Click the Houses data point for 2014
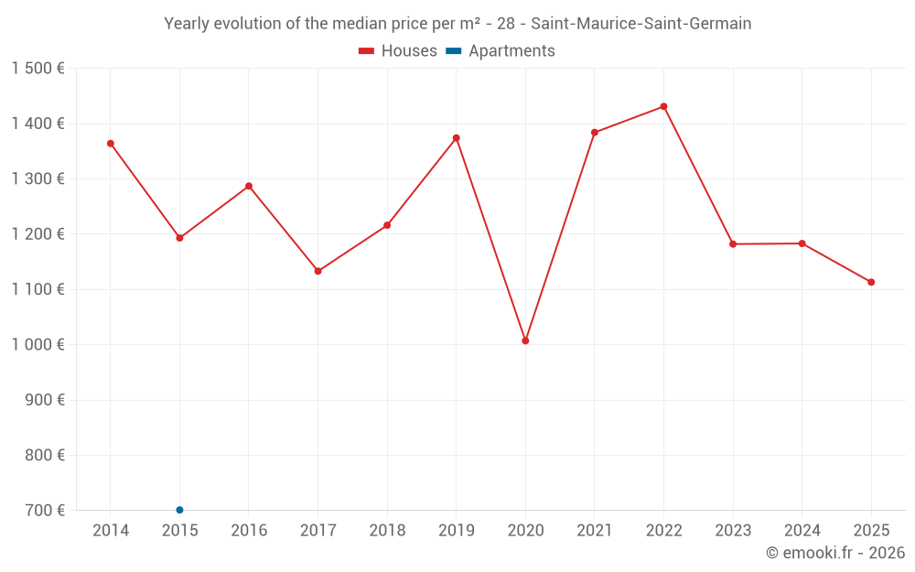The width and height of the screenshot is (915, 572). [x=111, y=144]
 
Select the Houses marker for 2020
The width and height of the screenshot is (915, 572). [x=525, y=340]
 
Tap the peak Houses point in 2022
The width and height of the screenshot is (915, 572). [x=663, y=106]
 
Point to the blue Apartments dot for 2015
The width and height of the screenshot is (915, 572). [x=179, y=510]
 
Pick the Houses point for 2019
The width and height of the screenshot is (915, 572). [x=457, y=138]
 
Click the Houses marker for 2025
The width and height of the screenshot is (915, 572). [x=871, y=282]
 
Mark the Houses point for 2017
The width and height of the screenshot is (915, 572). [x=318, y=271]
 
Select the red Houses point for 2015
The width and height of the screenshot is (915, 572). [x=179, y=238]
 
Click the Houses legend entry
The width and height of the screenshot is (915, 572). [x=398, y=51]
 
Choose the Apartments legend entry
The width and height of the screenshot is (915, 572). [x=501, y=51]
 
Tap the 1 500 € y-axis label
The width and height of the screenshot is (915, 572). [x=38, y=69]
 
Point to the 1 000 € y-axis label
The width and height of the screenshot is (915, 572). [x=38, y=345]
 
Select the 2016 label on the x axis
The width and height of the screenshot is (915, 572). [x=249, y=531]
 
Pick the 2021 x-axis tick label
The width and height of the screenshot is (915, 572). [x=595, y=531]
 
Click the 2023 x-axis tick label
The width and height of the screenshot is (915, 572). [x=733, y=531]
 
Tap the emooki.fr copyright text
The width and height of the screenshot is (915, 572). [x=835, y=553]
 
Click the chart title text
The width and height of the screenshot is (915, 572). [x=457, y=24]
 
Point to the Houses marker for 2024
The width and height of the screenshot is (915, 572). [x=802, y=243]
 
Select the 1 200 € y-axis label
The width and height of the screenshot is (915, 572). [x=38, y=234]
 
